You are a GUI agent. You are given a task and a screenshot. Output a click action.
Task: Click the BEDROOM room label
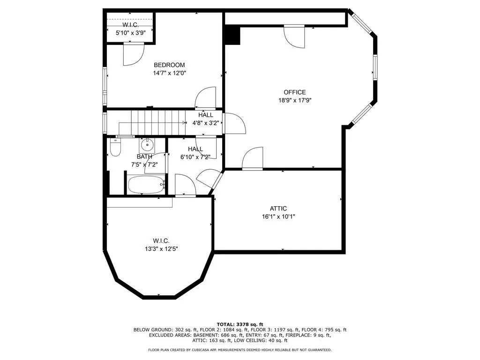point(169,65)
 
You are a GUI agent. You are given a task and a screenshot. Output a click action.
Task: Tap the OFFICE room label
point(295,92)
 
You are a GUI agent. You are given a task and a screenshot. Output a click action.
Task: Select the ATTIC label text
point(278,209)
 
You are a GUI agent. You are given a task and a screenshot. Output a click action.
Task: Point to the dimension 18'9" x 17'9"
point(295,100)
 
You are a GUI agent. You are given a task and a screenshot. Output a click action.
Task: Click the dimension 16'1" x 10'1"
point(278,217)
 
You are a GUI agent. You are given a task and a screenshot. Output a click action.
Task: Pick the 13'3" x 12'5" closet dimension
point(161,249)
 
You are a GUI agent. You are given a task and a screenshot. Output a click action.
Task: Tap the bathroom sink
point(147,145)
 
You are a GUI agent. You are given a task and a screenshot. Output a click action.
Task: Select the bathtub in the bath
point(146,185)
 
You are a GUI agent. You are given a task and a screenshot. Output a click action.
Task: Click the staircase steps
point(158,122)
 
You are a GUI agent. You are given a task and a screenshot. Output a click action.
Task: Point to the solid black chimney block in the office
point(232,35)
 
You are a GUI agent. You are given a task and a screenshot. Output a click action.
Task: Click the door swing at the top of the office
point(294,37)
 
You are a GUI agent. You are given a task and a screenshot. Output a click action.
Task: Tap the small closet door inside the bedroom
point(134,54)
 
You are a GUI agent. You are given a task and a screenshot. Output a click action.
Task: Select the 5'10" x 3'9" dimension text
point(130,33)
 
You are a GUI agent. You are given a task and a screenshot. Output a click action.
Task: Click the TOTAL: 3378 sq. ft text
point(240,324)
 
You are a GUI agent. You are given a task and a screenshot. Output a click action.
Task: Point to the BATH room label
point(144,157)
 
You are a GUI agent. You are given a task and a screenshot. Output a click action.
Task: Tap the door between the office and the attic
point(253,158)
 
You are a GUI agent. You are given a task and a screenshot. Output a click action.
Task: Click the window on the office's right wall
point(375,67)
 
